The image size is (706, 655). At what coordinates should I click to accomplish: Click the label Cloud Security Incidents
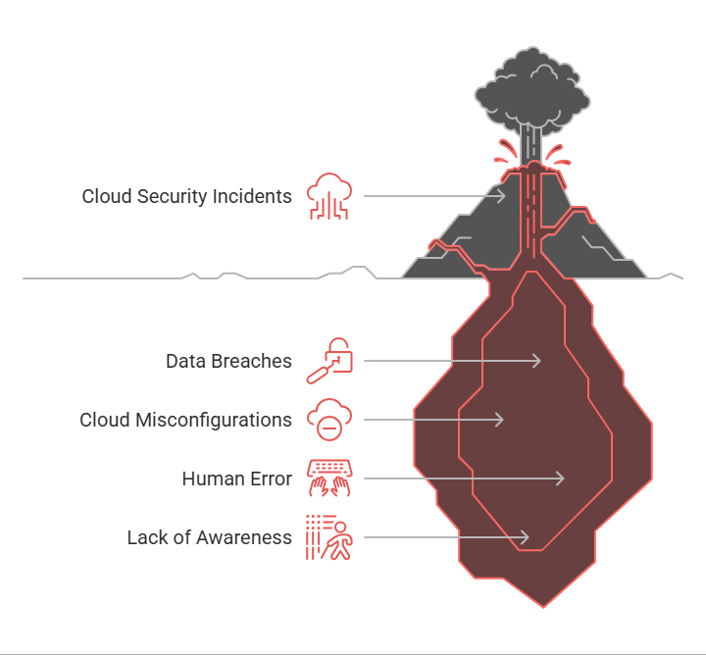click(187, 197)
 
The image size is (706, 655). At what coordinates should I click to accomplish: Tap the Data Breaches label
click(228, 361)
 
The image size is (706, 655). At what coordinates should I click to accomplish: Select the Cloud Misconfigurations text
click(186, 420)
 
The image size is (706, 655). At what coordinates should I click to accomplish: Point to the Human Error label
click(237, 479)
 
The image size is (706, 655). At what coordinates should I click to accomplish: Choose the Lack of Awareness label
click(210, 537)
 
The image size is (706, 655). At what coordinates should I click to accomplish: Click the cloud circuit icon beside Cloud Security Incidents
click(329, 196)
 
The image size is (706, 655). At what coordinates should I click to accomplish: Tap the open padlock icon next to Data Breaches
click(329, 361)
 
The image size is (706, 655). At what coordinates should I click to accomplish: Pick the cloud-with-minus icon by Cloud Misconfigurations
click(329, 420)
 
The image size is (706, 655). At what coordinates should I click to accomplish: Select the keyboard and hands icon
click(329, 479)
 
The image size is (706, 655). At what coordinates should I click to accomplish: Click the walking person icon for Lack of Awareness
click(329, 537)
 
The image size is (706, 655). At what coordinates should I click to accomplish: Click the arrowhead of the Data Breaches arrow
click(536, 361)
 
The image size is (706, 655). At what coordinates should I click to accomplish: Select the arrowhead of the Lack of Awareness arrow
click(525, 537)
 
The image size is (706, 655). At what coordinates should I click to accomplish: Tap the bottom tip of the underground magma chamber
click(543, 608)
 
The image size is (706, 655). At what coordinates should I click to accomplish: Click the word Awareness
click(244, 537)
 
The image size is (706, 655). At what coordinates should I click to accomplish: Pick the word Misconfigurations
click(214, 420)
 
